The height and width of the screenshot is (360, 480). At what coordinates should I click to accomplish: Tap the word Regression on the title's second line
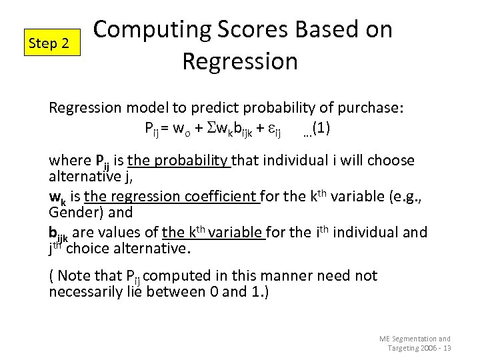point(239,61)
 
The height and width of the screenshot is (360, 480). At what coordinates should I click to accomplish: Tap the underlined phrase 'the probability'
point(179,161)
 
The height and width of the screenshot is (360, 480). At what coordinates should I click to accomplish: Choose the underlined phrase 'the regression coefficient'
point(172,197)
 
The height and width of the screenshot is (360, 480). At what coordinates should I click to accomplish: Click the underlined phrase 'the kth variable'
point(213,233)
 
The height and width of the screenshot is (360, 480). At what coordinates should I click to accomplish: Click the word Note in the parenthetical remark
point(73,276)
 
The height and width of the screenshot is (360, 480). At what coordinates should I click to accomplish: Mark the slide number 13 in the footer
point(447,348)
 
